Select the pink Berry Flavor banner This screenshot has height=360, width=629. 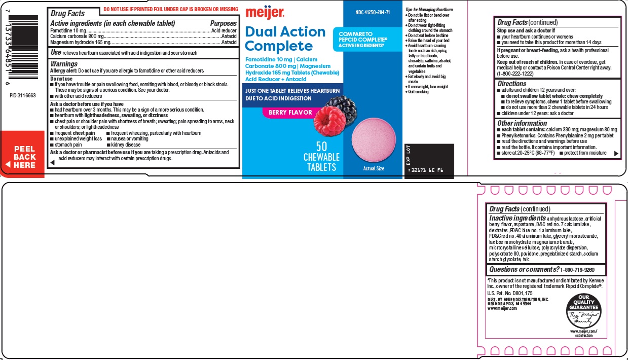pos(290,113)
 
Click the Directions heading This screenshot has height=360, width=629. pos(511,84)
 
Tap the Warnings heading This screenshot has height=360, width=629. pos(64,64)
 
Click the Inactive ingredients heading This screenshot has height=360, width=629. pos(517,218)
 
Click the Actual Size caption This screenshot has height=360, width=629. pos(374,168)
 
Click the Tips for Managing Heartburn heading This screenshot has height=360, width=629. pos(429,10)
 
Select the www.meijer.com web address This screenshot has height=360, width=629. pos(502,308)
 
